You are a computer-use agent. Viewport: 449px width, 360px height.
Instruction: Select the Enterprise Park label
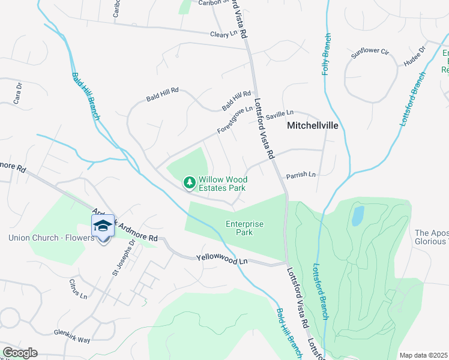pos(244,228)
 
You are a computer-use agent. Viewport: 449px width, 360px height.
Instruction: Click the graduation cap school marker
pos(103,226)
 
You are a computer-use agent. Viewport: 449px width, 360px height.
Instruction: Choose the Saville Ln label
pos(280,113)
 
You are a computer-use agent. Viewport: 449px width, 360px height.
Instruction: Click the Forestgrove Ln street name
pos(235,120)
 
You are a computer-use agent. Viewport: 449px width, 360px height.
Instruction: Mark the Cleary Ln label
pos(223,34)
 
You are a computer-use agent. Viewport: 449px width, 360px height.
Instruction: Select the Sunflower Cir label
pos(370,52)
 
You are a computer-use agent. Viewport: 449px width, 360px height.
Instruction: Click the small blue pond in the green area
pos(358,215)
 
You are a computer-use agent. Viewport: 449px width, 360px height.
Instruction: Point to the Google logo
pos(20,353)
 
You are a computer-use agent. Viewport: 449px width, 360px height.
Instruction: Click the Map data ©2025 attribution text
pos(424,355)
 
